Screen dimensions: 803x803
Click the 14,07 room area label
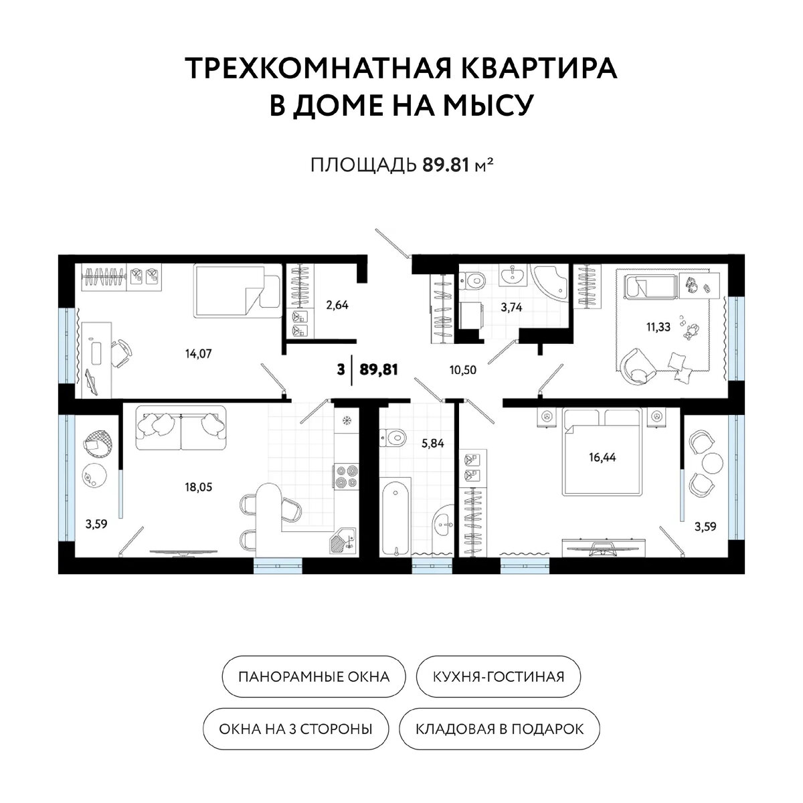198,354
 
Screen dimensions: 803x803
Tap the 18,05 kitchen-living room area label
198,486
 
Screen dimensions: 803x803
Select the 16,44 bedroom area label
602,457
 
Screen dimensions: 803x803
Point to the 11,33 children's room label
658,327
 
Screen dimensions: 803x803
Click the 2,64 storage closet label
337,305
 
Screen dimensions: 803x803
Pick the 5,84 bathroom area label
432,444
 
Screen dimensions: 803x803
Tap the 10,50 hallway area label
463,369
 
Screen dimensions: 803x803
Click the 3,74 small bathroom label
511,308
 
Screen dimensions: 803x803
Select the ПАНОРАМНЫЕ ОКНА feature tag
314,677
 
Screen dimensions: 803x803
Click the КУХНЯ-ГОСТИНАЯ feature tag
499,677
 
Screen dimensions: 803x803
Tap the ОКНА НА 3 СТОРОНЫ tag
296,729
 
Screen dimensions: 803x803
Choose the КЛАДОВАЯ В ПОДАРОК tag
499,729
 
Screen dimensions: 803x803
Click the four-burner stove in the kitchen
346,476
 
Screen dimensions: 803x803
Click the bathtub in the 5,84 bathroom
396,517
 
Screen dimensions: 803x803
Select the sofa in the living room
181,428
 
